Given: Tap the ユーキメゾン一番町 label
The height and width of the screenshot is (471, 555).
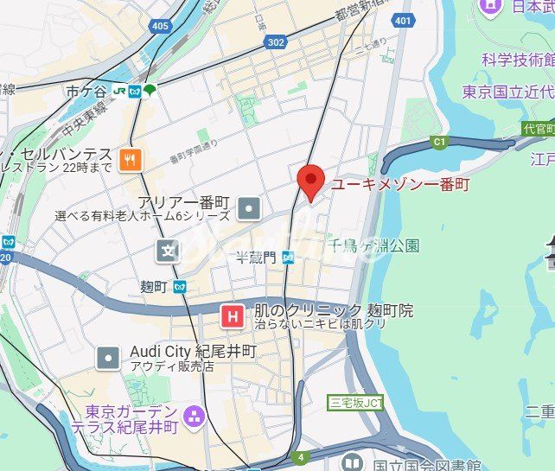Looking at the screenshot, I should pos(399,184).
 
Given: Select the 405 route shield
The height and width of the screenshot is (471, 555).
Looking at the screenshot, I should pos(159,27).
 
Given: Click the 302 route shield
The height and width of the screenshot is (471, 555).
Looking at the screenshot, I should pos(275,41).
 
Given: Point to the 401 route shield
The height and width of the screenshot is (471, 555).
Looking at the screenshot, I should pos(401,20).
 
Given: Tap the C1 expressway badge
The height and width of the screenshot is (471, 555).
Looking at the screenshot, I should pos(439,141).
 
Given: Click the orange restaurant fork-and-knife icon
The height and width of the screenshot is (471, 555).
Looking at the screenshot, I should pos(132,158).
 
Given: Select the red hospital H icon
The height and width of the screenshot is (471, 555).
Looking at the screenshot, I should pos(232,317).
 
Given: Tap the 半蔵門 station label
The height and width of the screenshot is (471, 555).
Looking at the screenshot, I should pos(257,257).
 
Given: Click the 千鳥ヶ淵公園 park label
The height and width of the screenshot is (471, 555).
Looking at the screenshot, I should pos(376,245).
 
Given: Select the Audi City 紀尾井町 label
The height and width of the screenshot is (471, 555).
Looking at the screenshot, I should pos(193,352).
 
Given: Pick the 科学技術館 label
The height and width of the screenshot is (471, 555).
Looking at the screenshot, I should pos(518,59).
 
